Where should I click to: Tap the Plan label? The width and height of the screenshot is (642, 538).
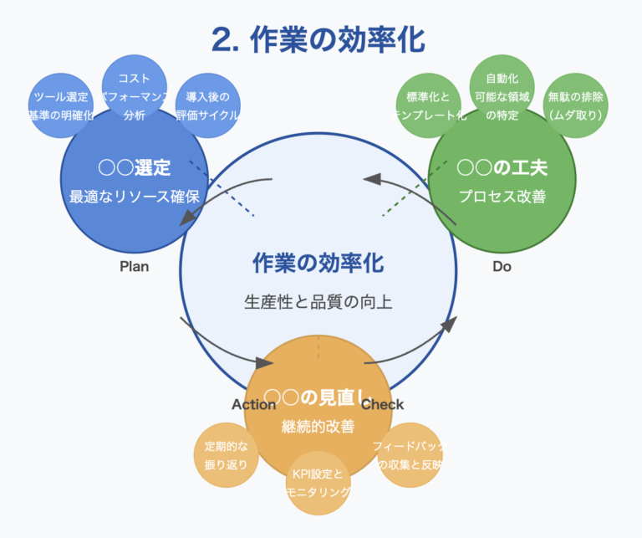[134, 267]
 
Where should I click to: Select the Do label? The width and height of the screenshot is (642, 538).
[502, 267]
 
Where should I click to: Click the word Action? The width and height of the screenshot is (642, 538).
[253, 404]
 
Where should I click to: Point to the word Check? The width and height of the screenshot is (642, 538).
[383, 404]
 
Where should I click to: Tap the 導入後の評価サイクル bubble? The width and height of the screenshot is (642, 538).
[208, 105]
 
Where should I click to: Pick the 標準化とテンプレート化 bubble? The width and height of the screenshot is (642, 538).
[427, 105]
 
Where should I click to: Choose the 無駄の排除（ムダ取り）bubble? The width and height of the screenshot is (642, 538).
[576, 105]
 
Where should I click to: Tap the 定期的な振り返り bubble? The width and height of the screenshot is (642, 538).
[226, 455]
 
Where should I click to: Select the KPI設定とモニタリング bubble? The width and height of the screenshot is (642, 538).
[318, 483]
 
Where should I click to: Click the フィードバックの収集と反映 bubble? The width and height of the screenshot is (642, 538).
[410, 455]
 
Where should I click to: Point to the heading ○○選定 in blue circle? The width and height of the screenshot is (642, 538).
[134, 168]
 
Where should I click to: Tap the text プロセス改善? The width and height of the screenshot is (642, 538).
[502, 197]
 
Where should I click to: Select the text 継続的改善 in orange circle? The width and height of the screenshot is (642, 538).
[318, 426]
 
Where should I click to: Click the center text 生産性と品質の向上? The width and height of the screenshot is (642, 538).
[318, 301]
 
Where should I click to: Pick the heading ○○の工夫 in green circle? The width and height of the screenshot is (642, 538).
[502, 168]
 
